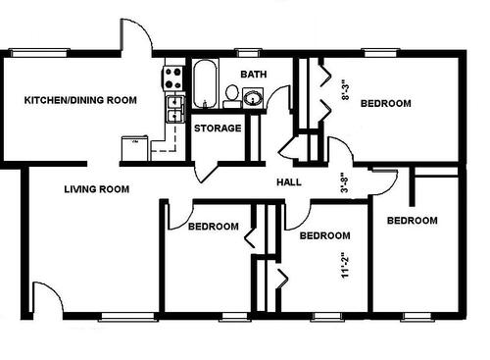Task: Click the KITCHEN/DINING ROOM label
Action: (80, 100)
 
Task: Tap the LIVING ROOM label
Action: (98, 188)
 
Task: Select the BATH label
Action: (254, 74)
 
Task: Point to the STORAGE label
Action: (217, 128)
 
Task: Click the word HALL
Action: (289, 182)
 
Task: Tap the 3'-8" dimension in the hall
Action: (344, 183)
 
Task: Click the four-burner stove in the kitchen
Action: (173, 74)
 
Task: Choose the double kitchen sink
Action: (173, 106)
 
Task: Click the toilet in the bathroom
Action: (232, 95)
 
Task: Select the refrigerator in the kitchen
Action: (132, 147)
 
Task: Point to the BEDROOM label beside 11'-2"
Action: (324, 235)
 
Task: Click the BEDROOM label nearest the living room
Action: (213, 227)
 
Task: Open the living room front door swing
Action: (46, 296)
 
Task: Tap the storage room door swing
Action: (208, 167)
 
